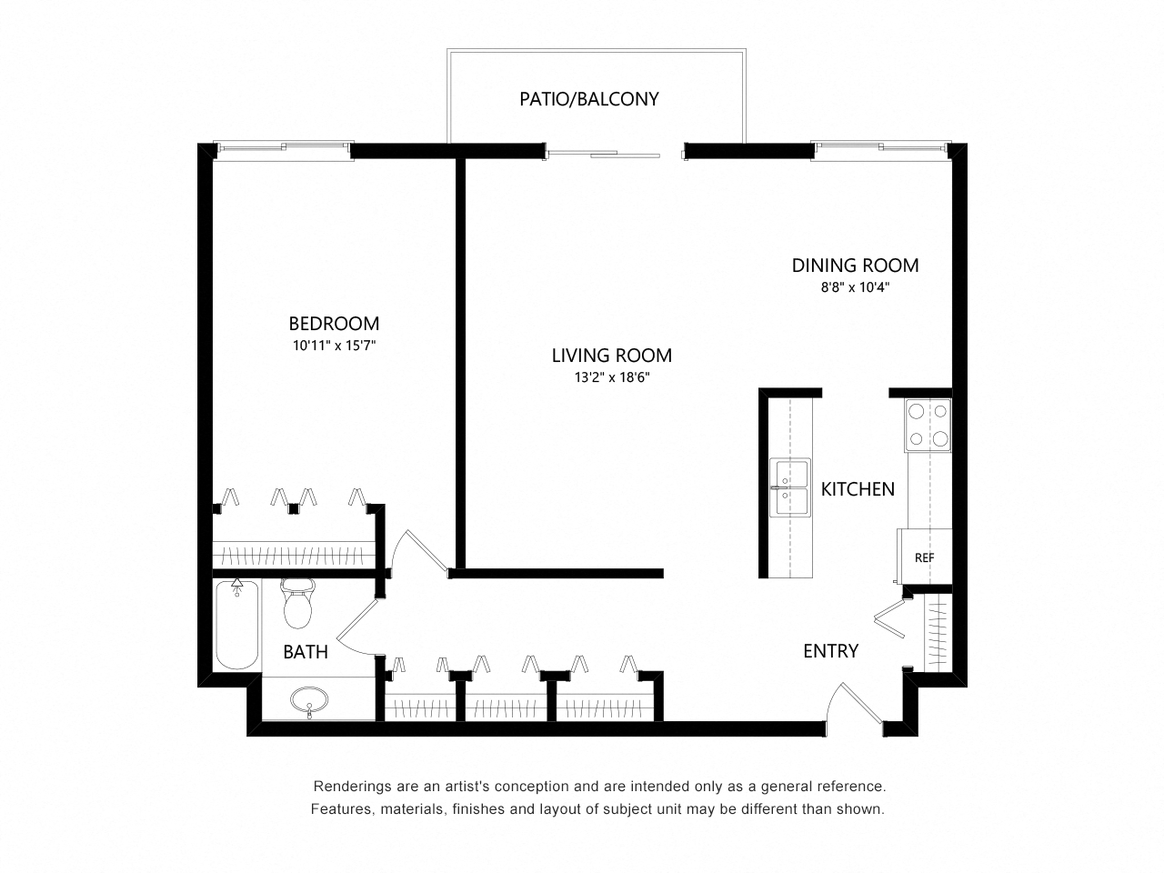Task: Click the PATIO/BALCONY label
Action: click(588, 99)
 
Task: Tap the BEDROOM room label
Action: click(334, 324)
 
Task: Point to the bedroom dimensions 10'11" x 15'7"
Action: click(334, 346)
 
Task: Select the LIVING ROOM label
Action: click(611, 356)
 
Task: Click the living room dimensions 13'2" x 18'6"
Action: click(612, 377)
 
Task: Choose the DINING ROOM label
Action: click(855, 266)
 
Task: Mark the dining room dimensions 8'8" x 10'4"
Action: click(855, 287)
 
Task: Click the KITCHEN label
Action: click(858, 489)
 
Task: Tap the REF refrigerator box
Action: click(924, 557)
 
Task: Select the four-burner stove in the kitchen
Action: click(928, 425)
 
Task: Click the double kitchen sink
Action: click(790, 487)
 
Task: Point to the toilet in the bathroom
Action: click(298, 603)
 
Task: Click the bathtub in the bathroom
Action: click(237, 625)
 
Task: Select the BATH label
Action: click(306, 651)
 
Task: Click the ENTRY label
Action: click(830, 651)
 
